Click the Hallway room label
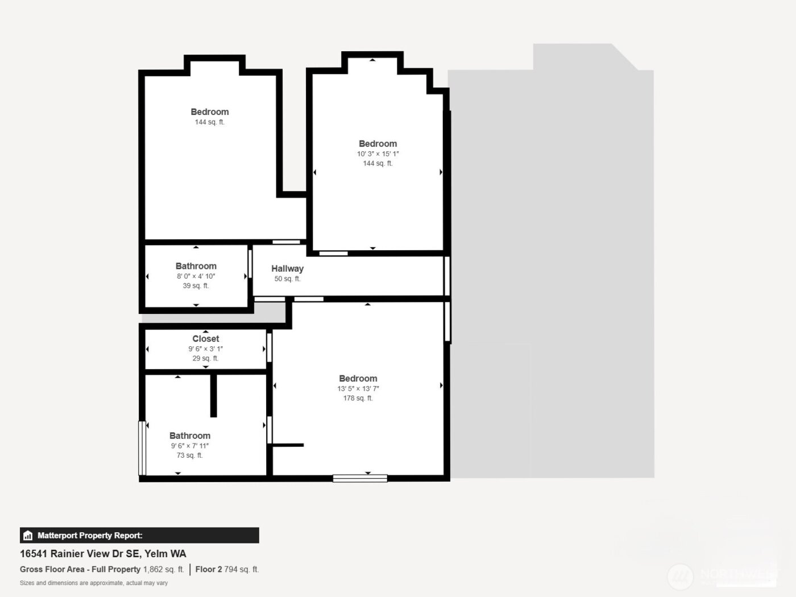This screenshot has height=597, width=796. click(287, 268)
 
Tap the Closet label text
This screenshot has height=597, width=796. click(205, 338)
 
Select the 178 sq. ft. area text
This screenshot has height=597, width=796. click(358, 398)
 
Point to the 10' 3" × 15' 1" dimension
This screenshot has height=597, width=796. click(378, 154)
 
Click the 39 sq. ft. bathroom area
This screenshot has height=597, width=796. click(196, 285)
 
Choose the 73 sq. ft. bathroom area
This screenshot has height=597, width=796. click(189, 455)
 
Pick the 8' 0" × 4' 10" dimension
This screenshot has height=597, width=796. click(196, 276)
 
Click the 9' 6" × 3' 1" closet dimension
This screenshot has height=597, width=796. click(205, 349)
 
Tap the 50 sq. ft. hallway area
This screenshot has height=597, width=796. click(287, 279)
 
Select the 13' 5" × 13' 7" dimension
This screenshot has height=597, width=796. click(358, 388)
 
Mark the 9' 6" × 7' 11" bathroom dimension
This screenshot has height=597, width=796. click(189, 446)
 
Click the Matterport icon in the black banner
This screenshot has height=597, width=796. click(28, 536)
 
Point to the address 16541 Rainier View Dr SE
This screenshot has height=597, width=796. click(80, 553)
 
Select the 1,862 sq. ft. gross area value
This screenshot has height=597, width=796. click(163, 569)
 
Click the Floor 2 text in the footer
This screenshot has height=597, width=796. click(208, 569)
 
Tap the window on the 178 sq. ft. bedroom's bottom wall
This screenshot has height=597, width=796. click(360, 478)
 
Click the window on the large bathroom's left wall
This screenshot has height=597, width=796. click(142, 448)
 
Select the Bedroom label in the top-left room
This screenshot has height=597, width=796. click(209, 112)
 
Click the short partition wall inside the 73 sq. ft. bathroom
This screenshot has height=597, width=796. click(214, 396)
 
